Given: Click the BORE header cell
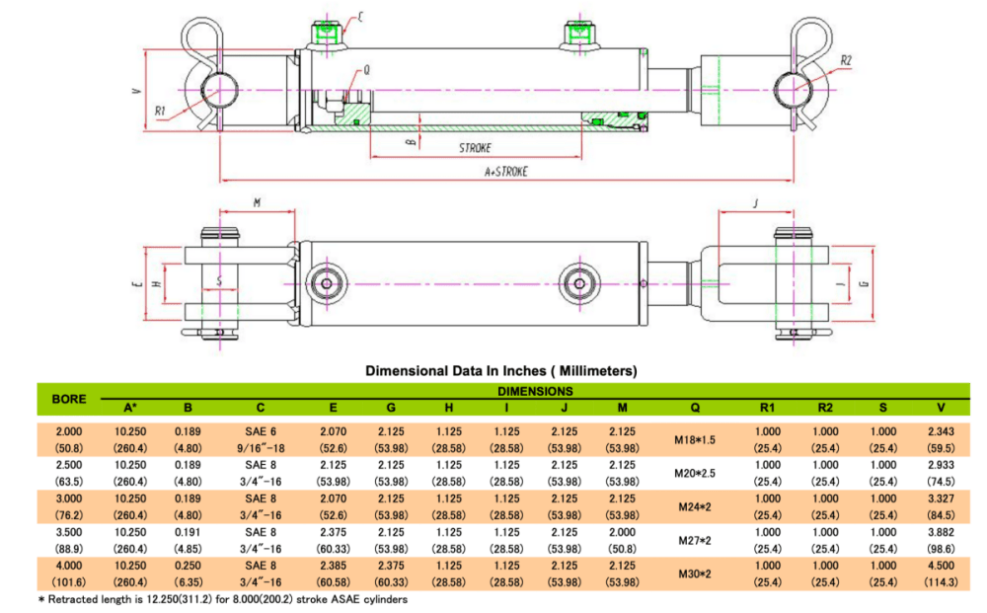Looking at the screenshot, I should click(x=68, y=400).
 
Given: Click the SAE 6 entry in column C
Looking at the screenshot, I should click(x=261, y=431).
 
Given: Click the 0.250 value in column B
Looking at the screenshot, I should click(x=189, y=566).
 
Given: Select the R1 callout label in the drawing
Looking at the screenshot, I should click(x=161, y=112).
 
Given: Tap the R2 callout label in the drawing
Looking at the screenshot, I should click(x=846, y=60).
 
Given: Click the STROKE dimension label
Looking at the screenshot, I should click(x=475, y=148).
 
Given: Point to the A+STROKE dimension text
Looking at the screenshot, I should click(x=506, y=171).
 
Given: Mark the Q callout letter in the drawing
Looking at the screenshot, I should click(x=366, y=69).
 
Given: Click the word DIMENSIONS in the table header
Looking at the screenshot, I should click(x=536, y=391).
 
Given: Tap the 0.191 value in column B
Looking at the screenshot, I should click(x=189, y=532).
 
